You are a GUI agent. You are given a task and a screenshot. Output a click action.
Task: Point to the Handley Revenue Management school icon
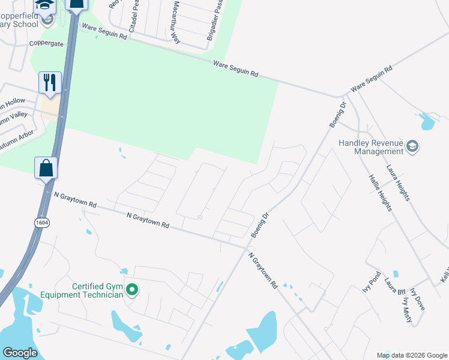coord(412,146)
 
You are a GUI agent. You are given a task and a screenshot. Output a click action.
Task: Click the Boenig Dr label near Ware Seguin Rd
coord(337,114)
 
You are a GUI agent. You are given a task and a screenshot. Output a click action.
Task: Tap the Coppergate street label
coord(46,44)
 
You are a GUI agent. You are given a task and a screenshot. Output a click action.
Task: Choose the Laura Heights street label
coord(398,182)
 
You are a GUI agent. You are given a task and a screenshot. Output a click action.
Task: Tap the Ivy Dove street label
coord(418,298)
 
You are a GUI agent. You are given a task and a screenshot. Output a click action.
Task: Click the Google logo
coord(20,353)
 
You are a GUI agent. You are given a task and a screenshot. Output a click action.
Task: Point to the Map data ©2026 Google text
coord(412,355)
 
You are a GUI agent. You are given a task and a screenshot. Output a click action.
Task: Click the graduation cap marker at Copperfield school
coord(44,5)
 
